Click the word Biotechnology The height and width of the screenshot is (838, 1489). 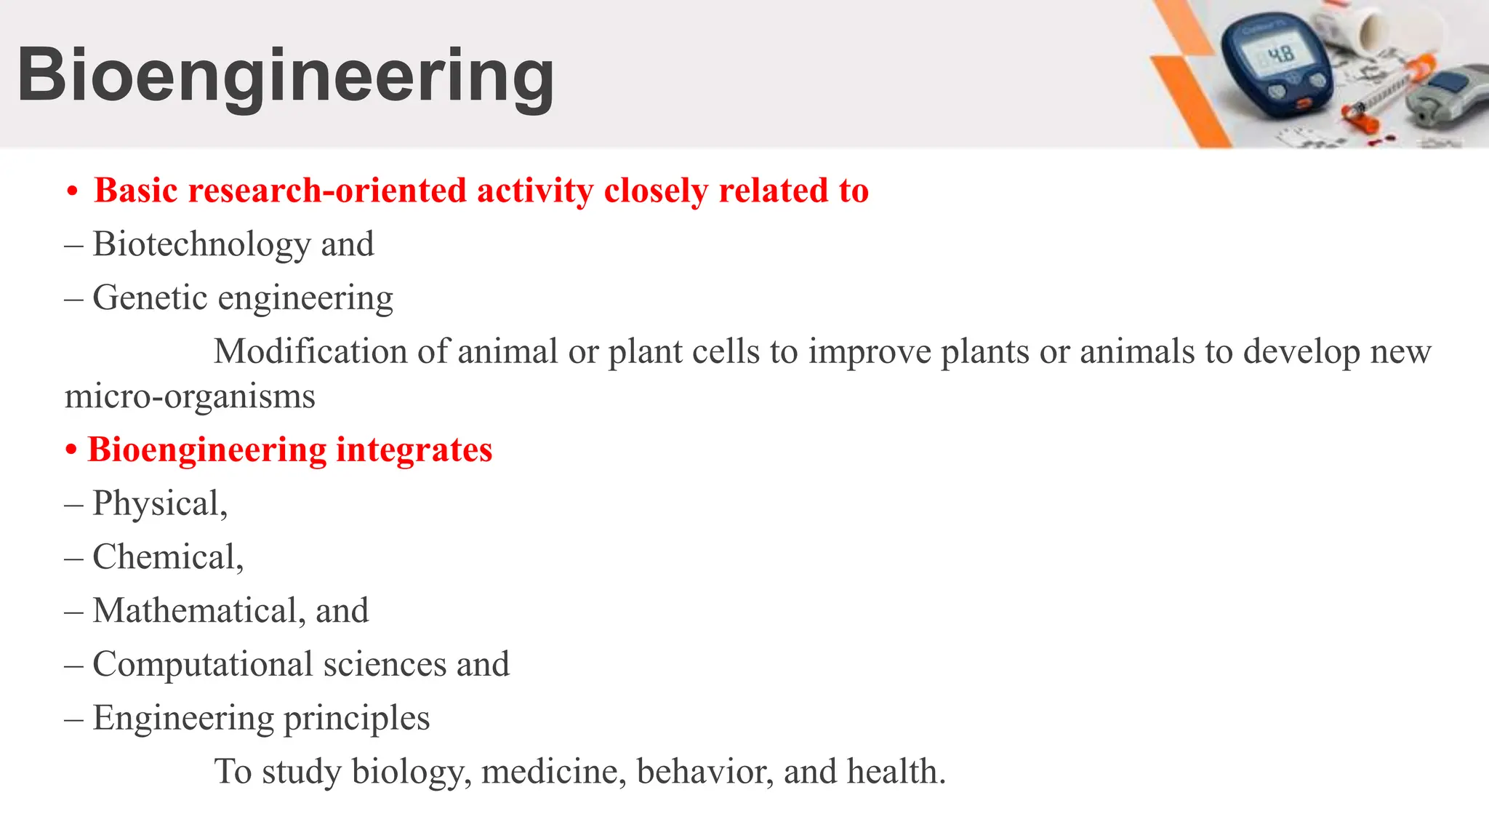202,244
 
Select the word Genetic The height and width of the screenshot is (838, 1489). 150,298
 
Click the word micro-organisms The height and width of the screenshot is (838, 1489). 190,397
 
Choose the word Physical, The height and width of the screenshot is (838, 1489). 160,504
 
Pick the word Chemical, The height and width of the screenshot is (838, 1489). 168,558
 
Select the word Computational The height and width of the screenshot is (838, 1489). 203,665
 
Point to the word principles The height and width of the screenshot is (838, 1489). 356,719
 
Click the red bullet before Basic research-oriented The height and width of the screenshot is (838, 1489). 71,192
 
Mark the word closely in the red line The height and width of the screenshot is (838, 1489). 656,191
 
